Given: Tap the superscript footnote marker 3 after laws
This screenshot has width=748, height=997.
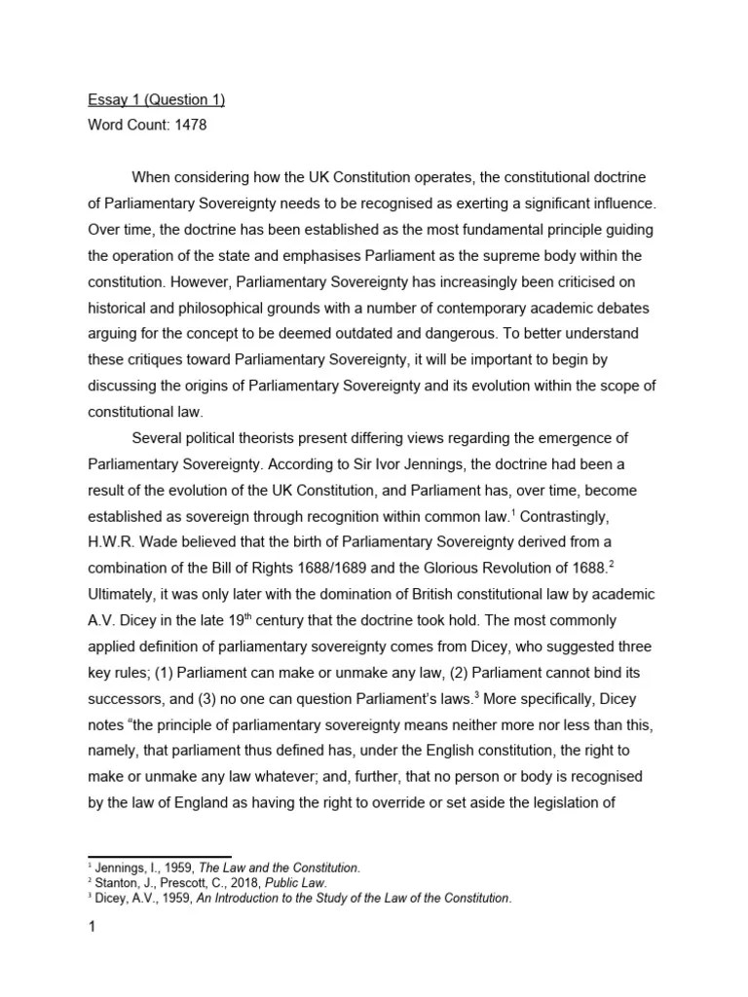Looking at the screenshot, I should pyautogui.click(x=474, y=692).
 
